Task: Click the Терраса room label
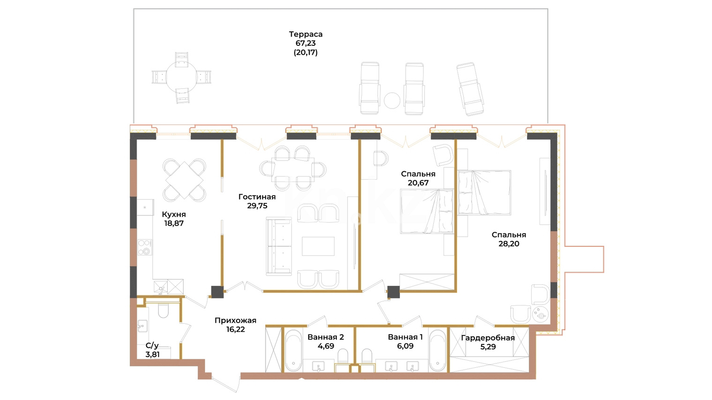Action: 305,34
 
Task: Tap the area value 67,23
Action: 305,43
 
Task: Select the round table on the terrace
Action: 182,77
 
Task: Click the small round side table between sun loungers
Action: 392,100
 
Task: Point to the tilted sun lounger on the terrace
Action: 470,89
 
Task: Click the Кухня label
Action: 173,214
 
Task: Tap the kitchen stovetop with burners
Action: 145,247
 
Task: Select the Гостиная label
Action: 257,197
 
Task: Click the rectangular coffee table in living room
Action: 318,246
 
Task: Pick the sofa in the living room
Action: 279,246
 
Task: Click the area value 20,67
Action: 418,183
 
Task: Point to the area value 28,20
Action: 509,244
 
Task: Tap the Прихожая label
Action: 235,320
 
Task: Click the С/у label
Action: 152,345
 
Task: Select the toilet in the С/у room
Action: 163,311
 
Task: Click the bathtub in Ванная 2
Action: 293,350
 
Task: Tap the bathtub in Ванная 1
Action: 438,350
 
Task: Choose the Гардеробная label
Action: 488,338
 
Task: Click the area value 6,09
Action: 405,346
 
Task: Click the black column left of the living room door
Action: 217,292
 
